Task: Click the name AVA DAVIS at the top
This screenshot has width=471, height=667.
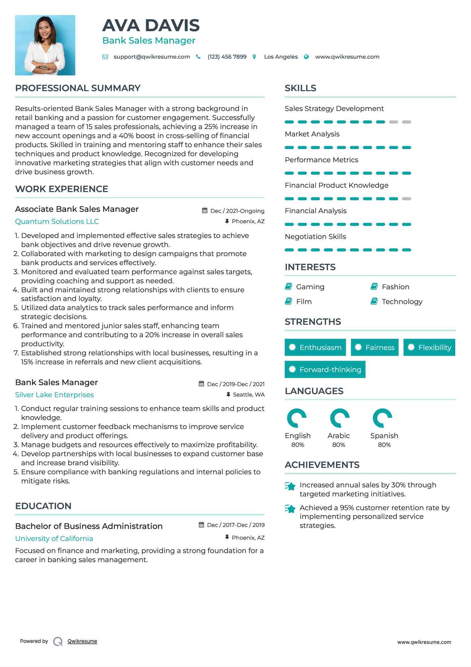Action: click(x=151, y=26)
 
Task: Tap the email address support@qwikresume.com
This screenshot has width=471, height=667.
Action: click(x=152, y=57)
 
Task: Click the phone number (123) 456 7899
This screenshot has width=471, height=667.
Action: click(x=227, y=57)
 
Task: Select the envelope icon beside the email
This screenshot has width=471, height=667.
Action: click(x=105, y=57)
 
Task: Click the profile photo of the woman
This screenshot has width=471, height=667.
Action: click(x=45, y=45)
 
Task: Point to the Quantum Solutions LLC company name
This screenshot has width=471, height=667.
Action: click(x=57, y=222)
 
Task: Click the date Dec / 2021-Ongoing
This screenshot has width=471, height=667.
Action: click(x=237, y=211)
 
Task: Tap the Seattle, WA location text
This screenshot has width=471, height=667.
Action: click(x=248, y=395)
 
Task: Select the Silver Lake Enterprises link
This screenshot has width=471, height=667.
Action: click(x=54, y=395)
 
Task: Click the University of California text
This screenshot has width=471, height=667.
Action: click(x=54, y=538)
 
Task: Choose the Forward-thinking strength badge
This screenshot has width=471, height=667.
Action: click(x=325, y=369)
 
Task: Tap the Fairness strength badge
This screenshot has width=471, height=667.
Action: click(x=375, y=347)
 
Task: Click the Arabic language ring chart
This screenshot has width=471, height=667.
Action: click(x=339, y=418)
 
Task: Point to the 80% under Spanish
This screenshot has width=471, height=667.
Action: click(x=384, y=445)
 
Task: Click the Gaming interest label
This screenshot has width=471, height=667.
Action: click(x=310, y=287)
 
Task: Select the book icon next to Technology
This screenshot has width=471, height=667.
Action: click(x=374, y=301)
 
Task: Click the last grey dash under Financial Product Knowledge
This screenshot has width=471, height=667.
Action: click(x=406, y=199)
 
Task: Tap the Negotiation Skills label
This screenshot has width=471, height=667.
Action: click(x=315, y=237)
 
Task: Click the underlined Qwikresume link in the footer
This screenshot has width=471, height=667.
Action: click(x=82, y=641)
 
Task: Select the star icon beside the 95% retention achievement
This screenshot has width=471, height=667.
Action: click(x=290, y=509)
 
